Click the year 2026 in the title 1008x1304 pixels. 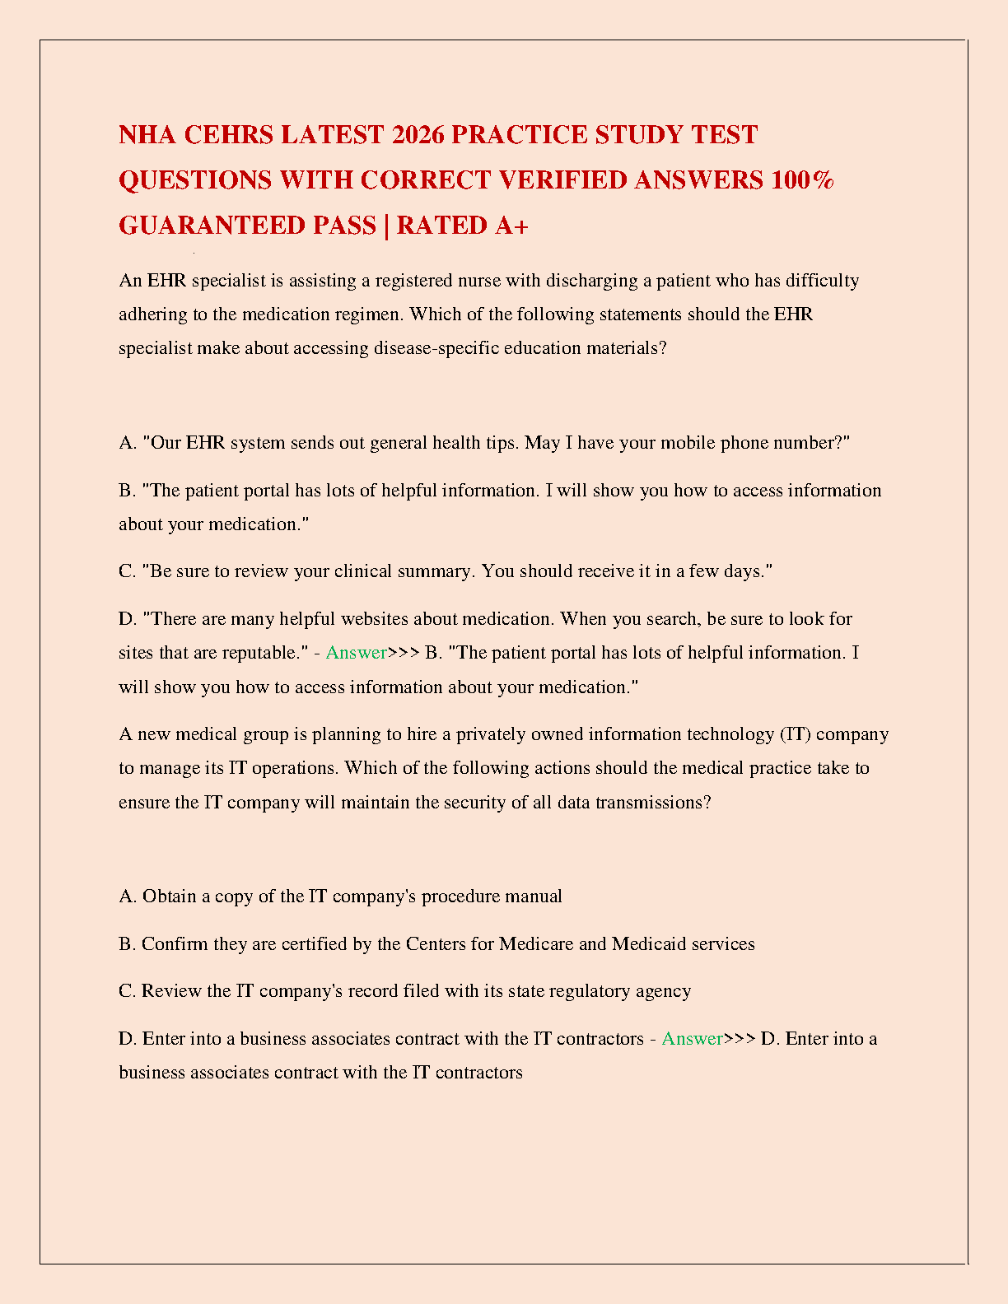coord(418,134)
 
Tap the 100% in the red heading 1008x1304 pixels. coord(802,179)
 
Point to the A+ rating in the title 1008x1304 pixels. coord(511,225)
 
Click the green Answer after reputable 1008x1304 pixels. coord(356,653)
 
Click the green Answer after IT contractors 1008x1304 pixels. coord(692,1039)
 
